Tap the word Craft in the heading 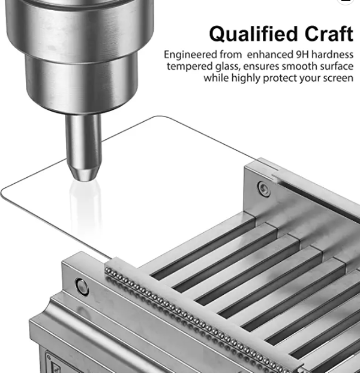329,34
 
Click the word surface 337,66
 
